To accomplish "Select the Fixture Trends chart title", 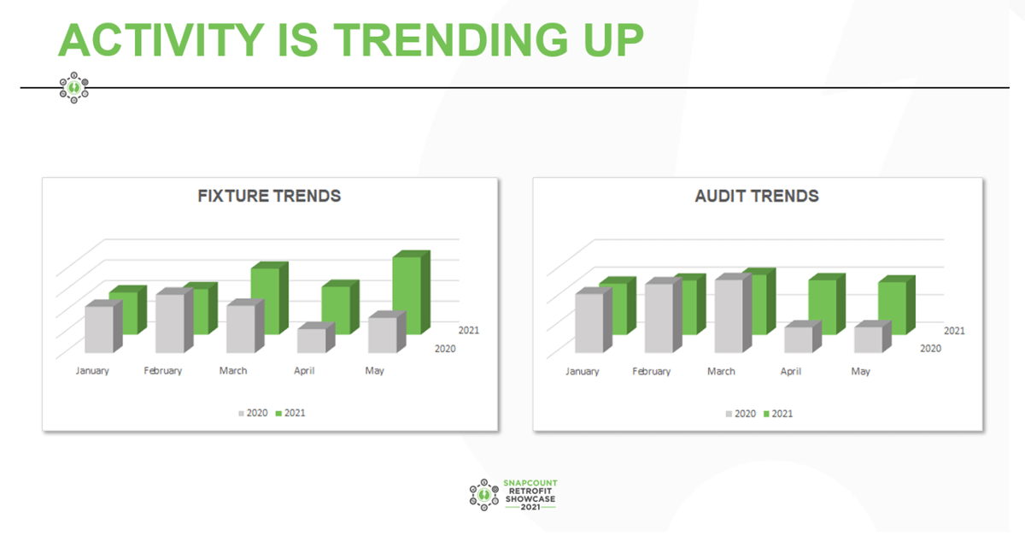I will pos(269,196).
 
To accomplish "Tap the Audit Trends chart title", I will pos(757,196).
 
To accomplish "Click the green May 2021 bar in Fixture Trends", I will pos(407,295).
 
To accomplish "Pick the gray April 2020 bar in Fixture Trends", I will pos(312,340).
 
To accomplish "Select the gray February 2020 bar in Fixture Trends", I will pos(169,323).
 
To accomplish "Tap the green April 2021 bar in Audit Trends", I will pos(823,306).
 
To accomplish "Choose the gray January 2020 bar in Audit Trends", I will pos(589,323).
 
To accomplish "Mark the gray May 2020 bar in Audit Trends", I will pos(867,339).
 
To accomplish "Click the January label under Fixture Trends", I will pos(92,371).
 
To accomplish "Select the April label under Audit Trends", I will pos(791,372).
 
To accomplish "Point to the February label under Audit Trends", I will pos(652,372).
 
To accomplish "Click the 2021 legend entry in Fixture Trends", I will pos(290,413).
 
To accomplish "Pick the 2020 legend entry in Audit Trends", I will pos(740,414).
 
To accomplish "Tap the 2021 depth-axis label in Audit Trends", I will pos(954,330).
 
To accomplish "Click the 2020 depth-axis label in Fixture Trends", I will pos(444,349).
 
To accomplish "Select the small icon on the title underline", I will pos(74,87).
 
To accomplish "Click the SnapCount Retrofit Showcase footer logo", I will pos(512,495).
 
